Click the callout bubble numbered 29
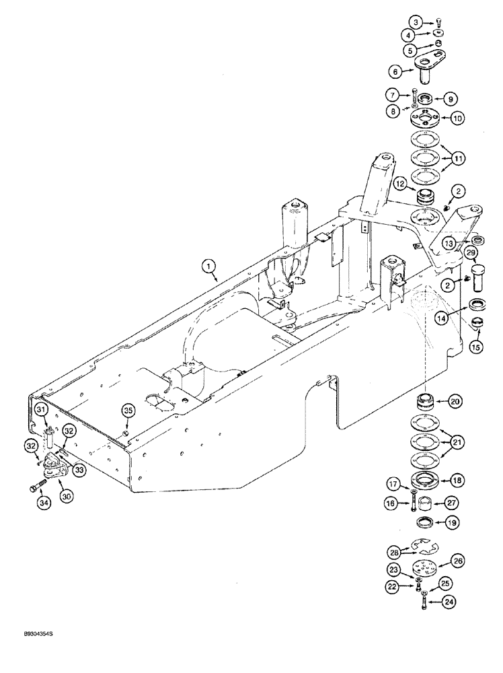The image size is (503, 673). [x=471, y=253]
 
